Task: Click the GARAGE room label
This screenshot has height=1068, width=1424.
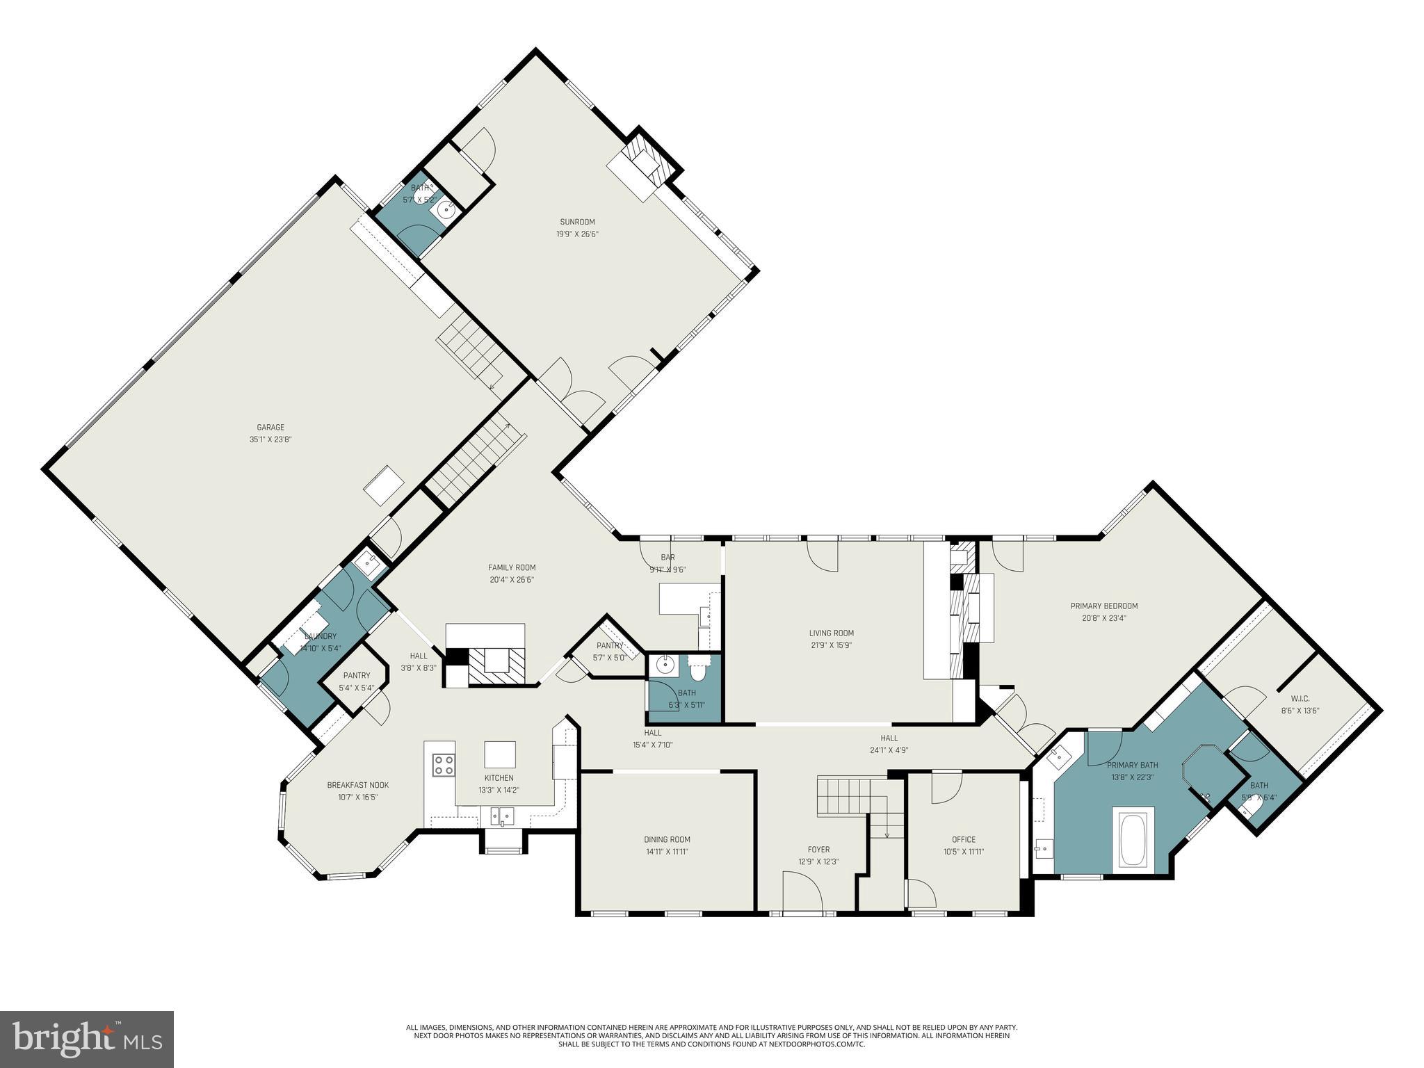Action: [x=270, y=428]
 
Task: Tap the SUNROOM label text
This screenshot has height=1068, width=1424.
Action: [x=577, y=222]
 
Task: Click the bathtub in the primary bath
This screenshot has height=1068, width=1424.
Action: [x=1133, y=839]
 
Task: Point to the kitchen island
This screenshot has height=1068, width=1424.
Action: [x=501, y=754]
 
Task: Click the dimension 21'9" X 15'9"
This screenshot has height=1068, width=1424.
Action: [x=831, y=645]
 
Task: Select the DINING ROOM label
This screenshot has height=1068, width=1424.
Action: [x=667, y=839]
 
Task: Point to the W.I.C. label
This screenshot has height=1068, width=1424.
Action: [x=1300, y=699]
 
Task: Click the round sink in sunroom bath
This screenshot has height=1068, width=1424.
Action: [x=443, y=207]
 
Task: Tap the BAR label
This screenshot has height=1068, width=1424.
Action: [x=667, y=557]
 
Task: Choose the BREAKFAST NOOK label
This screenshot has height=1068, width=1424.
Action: [x=358, y=785]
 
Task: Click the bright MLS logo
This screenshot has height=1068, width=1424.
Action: [x=87, y=1039]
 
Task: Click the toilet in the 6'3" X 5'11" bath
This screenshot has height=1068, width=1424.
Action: [x=698, y=670]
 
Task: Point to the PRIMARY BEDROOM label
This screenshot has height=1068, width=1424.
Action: [x=1104, y=606]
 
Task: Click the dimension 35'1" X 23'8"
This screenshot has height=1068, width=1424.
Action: [x=270, y=439]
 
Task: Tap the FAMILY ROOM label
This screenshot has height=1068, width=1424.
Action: [x=512, y=567]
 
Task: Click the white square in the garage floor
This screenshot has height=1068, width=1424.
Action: [x=383, y=486]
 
